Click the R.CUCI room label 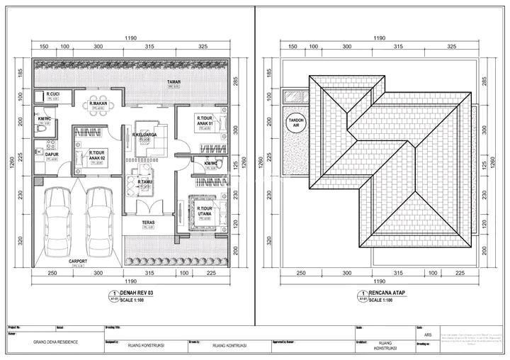52,94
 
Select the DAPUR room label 51,153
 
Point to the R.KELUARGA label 144,134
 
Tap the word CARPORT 78,261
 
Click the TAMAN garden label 174,82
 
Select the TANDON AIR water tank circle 295,123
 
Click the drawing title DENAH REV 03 140,293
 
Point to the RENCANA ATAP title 390,293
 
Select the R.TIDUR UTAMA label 206,210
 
